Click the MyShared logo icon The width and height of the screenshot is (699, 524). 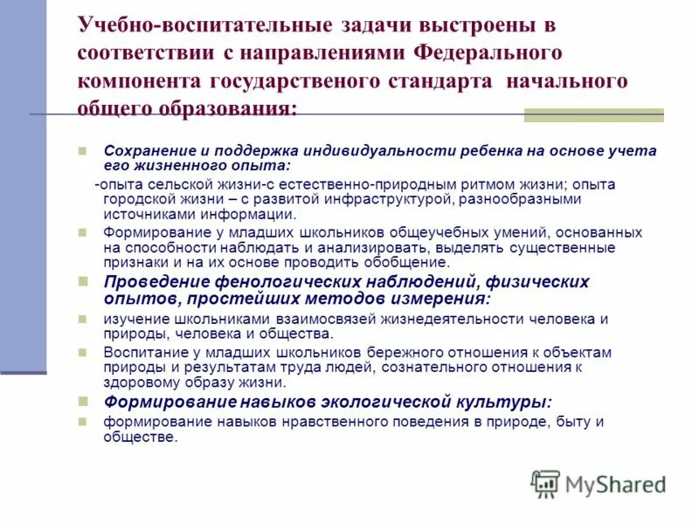(546, 484)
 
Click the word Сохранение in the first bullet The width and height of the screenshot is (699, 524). (144, 150)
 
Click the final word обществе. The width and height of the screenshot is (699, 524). (140, 437)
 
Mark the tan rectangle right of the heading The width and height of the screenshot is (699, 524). (593, 115)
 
